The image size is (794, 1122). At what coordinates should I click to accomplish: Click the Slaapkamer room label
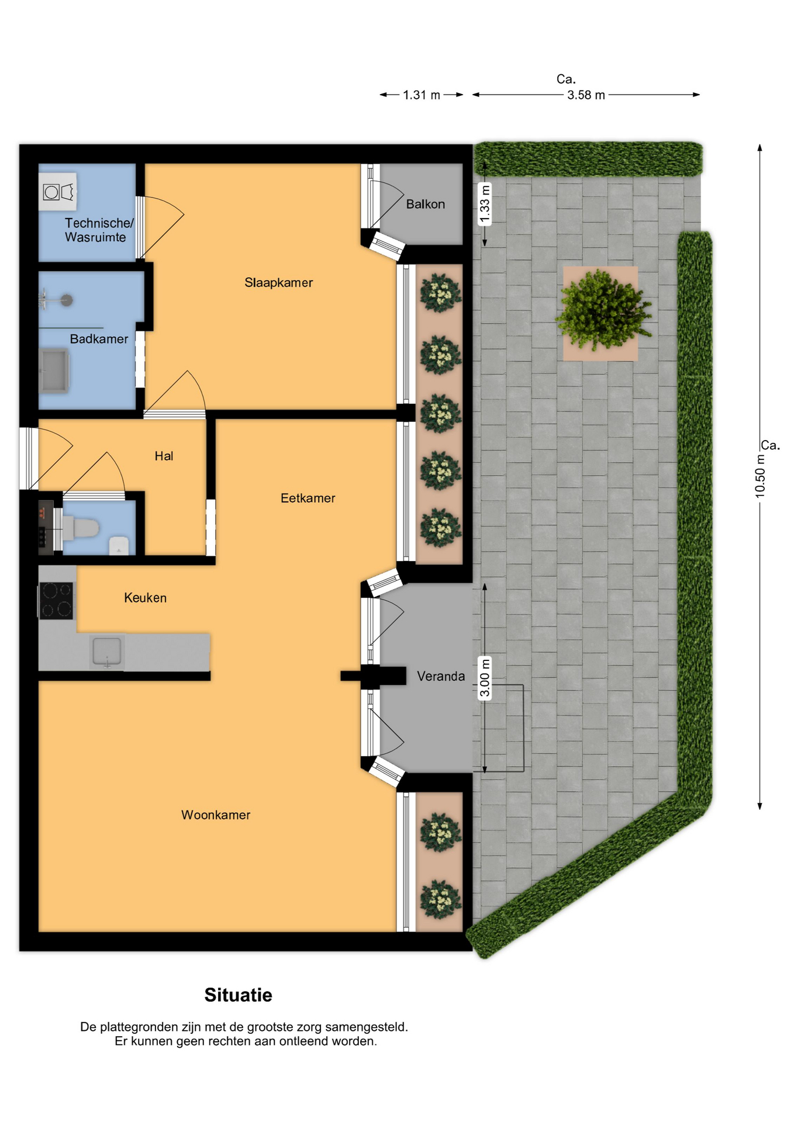[x=278, y=283]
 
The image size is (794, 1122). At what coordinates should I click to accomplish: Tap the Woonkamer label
[x=216, y=815]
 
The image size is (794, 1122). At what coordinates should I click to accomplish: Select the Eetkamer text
[x=308, y=498]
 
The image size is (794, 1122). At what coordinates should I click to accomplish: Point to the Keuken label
[x=145, y=598]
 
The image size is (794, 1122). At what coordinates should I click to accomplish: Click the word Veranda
[x=441, y=676]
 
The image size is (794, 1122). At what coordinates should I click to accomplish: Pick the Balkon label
[x=426, y=204]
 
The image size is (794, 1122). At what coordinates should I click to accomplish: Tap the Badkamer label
[x=99, y=339]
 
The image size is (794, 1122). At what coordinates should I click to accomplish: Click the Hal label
[x=164, y=456]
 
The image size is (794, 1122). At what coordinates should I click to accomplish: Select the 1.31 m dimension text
[x=422, y=95]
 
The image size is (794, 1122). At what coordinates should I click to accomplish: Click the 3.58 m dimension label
[x=586, y=95]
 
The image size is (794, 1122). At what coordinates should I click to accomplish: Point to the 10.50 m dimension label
[x=760, y=476]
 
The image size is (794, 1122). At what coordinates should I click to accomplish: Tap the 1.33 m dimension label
[x=485, y=204]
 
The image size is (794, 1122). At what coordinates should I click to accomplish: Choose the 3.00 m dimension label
[x=485, y=678]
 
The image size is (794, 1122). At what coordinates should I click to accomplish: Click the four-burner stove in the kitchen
[x=57, y=601]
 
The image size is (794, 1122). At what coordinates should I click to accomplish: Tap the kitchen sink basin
[x=107, y=651]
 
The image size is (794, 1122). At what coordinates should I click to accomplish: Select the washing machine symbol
[x=58, y=192]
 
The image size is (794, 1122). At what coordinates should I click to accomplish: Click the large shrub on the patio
[x=602, y=310]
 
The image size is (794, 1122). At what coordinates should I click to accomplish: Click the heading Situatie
[x=238, y=995]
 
